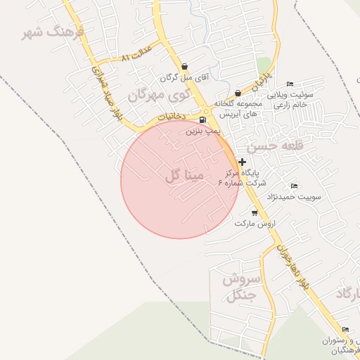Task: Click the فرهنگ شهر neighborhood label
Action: [53, 32]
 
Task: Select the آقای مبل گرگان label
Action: [184, 78]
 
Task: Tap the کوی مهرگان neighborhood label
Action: [160, 94]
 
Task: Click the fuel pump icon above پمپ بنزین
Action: [203, 120]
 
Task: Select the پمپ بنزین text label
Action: [203, 131]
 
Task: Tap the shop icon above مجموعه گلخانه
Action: [238, 93]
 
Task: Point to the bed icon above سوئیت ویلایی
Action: [290, 84]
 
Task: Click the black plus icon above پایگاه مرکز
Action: [243, 162]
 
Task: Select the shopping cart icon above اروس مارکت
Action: [255, 212]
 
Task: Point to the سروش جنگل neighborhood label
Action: [241, 287]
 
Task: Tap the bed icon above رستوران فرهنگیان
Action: [345, 329]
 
